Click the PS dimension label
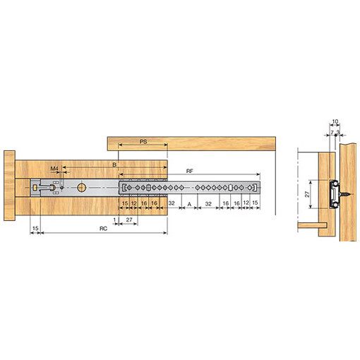(143, 142)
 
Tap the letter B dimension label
(114, 165)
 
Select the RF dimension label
(189, 172)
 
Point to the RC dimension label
(103, 229)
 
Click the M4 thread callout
(54, 169)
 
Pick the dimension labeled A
(189, 205)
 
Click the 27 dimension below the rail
(129, 220)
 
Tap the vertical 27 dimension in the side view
(307, 194)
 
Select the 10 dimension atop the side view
(335, 121)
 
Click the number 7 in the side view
(332, 133)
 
